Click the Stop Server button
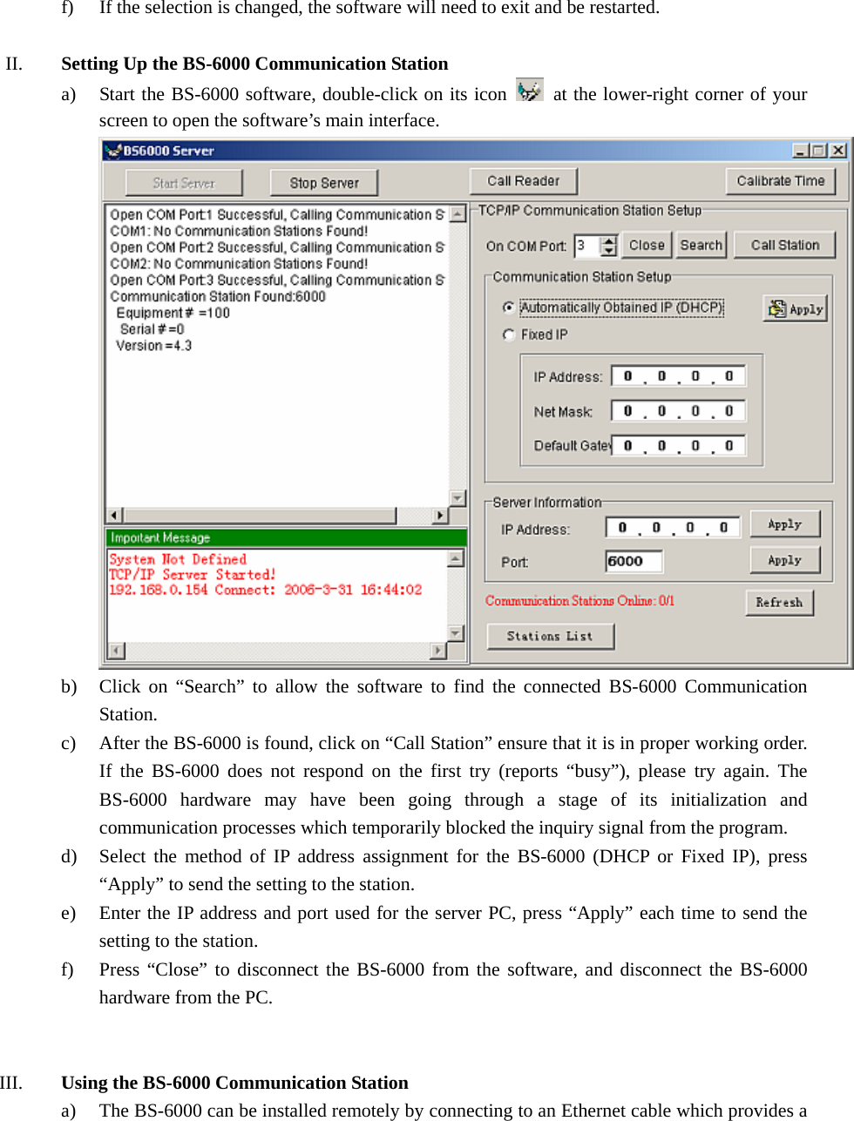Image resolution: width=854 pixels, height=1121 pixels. (324, 183)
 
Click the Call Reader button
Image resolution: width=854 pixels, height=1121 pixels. (523, 181)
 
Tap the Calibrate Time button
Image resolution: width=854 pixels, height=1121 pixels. (780, 181)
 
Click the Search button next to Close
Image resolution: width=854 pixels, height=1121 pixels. (701, 246)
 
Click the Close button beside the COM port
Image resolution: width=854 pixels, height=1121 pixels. (647, 246)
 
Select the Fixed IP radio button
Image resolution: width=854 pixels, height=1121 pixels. (509, 334)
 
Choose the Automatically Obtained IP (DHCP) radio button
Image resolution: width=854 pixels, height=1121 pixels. (509, 307)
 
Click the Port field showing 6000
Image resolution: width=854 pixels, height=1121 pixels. (634, 562)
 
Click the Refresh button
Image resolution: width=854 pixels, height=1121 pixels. (779, 603)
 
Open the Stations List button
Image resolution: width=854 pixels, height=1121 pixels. (550, 637)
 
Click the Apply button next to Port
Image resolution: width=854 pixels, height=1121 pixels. (784, 561)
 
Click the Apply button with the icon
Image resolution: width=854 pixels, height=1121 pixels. (795, 309)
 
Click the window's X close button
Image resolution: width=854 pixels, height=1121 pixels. (838, 151)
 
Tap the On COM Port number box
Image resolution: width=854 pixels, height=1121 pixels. (586, 246)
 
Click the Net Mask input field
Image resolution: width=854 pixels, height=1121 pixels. (678, 411)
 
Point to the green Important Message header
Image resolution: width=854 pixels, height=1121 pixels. (286, 537)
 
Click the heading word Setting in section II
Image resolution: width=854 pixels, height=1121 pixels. (90, 64)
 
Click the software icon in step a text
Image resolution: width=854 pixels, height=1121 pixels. (529, 91)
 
